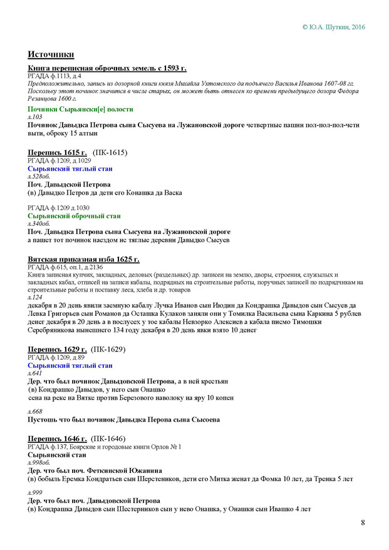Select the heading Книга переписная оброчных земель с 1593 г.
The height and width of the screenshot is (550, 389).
[x=107, y=68]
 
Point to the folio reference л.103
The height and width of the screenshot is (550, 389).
[x=35, y=116]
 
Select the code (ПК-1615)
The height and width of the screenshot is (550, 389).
[x=110, y=152]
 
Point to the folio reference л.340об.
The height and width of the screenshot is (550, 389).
[x=39, y=223]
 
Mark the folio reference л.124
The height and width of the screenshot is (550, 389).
[x=35, y=298]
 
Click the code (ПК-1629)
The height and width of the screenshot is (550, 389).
[x=110, y=349]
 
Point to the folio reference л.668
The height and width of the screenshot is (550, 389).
[x=35, y=410]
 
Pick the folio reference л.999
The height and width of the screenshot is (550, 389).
[x=35, y=492]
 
